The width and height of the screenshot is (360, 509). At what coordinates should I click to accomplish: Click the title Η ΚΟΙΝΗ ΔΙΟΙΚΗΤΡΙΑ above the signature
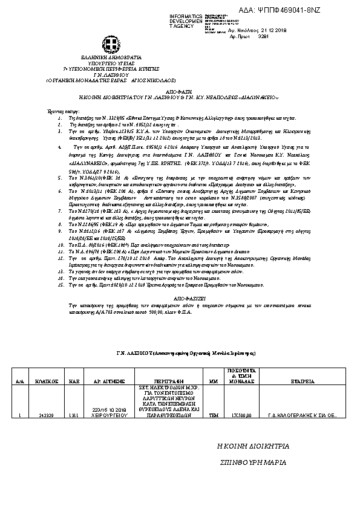coord(254,446)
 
